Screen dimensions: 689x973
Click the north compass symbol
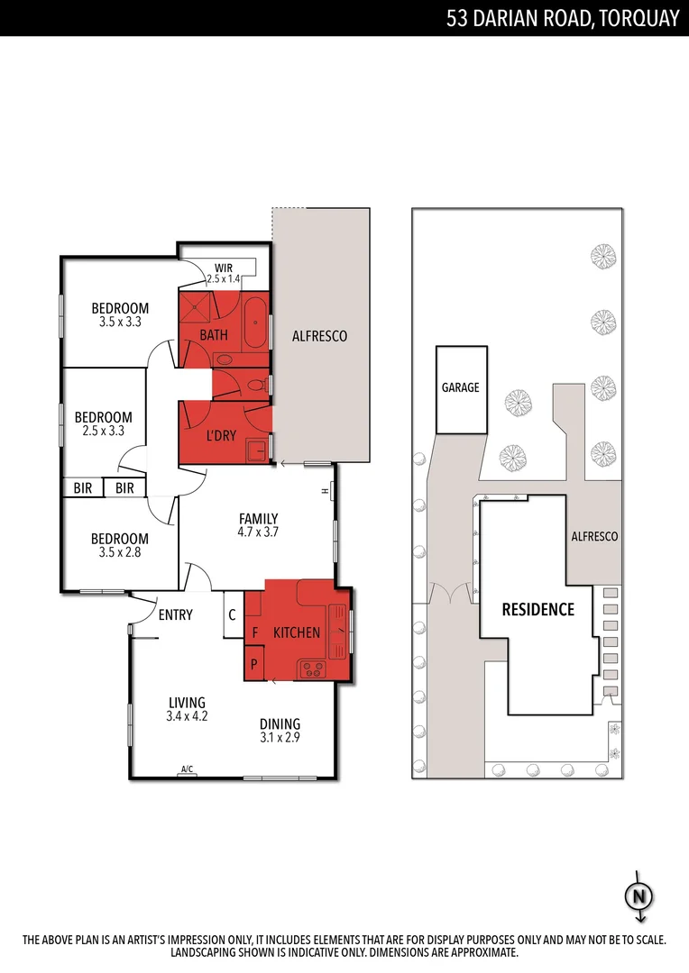click(x=639, y=896)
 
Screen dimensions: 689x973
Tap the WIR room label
click(x=224, y=268)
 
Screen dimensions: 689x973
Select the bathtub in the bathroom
click(x=254, y=323)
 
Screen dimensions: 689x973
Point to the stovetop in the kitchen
click(x=313, y=668)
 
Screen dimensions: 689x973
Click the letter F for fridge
click(x=254, y=633)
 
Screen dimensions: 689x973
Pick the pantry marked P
click(x=254, y=663)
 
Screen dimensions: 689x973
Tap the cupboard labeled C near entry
click(x=233, y=614)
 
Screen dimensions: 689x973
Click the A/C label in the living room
click(x=187, y=769)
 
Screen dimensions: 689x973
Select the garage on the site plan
click(x=462, y=390)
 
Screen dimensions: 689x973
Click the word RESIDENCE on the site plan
click(x=538, y=609)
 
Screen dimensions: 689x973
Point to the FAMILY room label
click(x=259, y=519)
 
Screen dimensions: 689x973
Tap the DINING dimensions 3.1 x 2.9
click(x=280, y=738)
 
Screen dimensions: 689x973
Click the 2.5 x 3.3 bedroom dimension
click(x=103, y=431)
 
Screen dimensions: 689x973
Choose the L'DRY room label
click(x=221, y=436)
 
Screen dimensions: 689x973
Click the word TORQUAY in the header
click(x=639, y=19)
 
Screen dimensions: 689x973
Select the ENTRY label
click(x=175, y=615)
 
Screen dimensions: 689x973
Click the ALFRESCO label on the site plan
click(x=594, y=536)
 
